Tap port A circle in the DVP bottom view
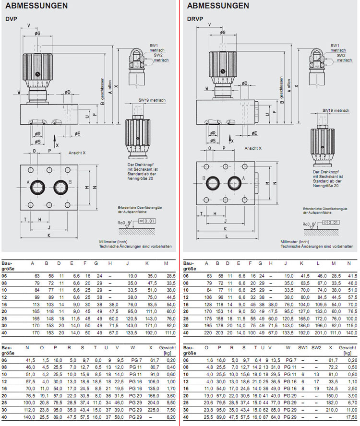click(x=37, y=187)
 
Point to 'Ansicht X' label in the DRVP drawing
click(x=252, y=148)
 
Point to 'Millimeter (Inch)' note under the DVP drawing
click(x=113, y=242)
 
